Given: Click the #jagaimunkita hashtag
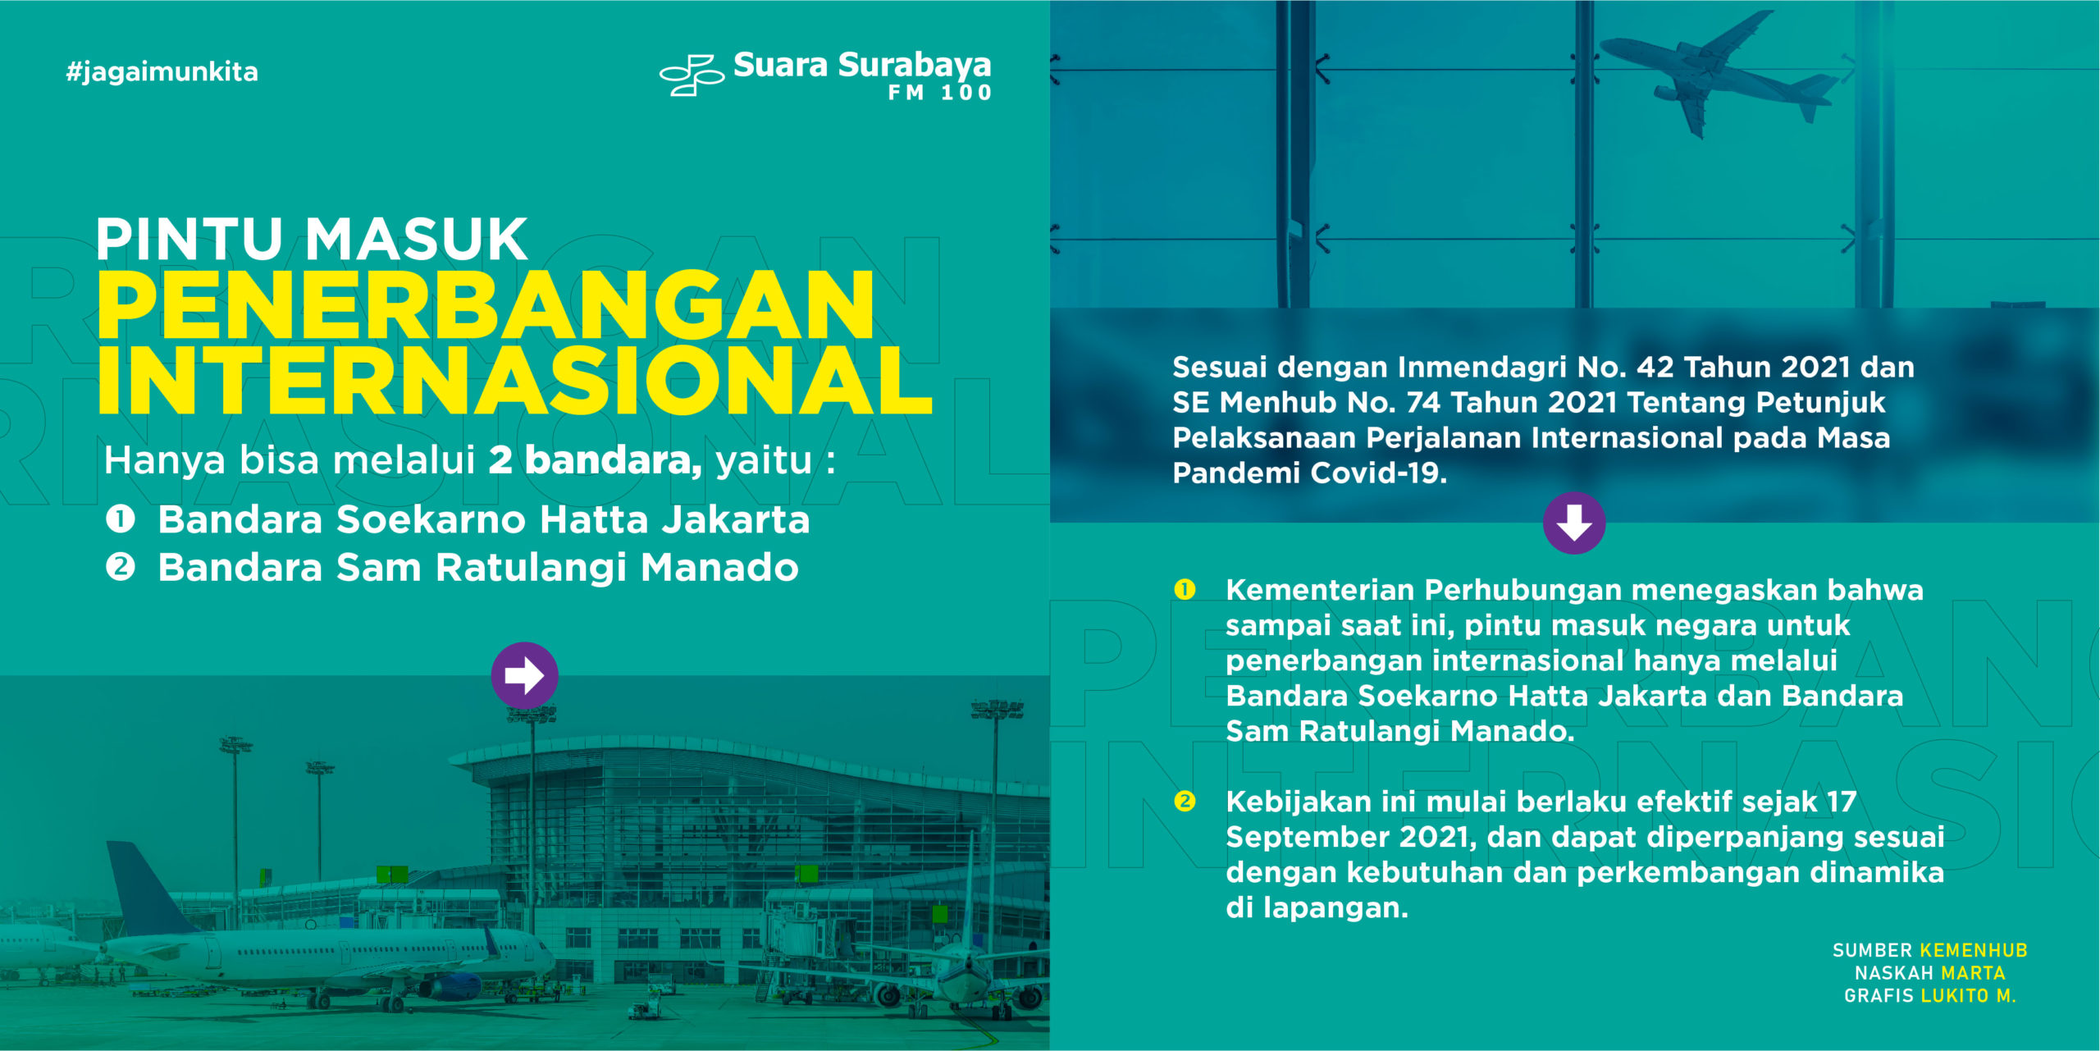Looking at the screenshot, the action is point(162,72).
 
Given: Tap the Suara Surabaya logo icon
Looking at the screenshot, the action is point(692,75).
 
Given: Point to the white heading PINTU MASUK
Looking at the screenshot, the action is point(312,239).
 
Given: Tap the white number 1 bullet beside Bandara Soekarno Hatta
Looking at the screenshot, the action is point(121,519).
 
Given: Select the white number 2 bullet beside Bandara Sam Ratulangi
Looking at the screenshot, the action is point(121,567).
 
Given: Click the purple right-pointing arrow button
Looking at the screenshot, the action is point(524,675).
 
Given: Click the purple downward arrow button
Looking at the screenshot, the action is point(1574,523).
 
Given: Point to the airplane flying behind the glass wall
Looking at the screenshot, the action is point(1719,74).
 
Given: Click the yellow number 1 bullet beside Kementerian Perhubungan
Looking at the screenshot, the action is point(1185,589).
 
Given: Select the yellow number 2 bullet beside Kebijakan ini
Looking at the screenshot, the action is point(1185,801).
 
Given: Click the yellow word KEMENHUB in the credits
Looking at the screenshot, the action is point(1974,950).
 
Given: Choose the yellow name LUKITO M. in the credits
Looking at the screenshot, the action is point(1968,996).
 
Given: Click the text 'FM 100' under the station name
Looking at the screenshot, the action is point(940,93).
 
